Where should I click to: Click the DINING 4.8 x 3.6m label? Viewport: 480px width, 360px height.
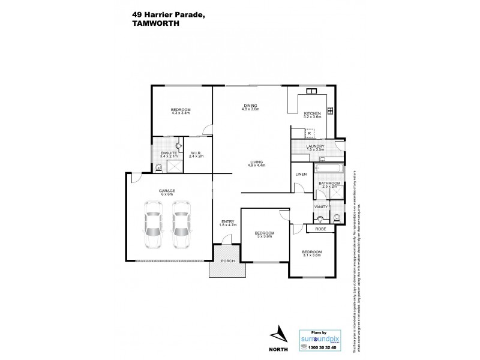coord(250,107)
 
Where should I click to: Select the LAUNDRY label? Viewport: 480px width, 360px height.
coord(315,146)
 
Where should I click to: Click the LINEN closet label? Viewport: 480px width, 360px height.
coord(301,175)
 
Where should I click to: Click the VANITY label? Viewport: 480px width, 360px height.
coord(320,207)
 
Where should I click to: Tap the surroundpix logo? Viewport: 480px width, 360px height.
coord(320,338)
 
